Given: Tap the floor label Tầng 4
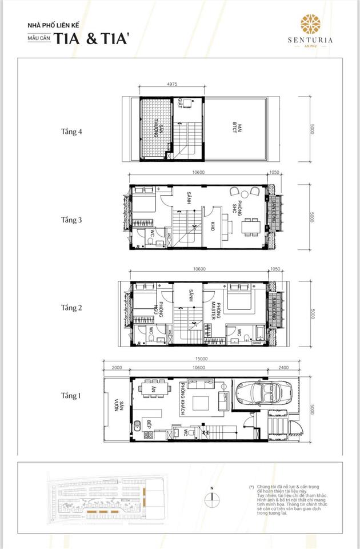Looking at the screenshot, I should [72, 131].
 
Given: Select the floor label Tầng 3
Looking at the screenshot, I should [72, 219].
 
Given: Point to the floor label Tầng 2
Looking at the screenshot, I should [72, 307].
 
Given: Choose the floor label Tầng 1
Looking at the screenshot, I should [72, 395].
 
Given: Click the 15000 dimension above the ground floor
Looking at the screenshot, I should [200, 359].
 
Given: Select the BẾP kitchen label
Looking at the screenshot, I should [147, 425].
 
